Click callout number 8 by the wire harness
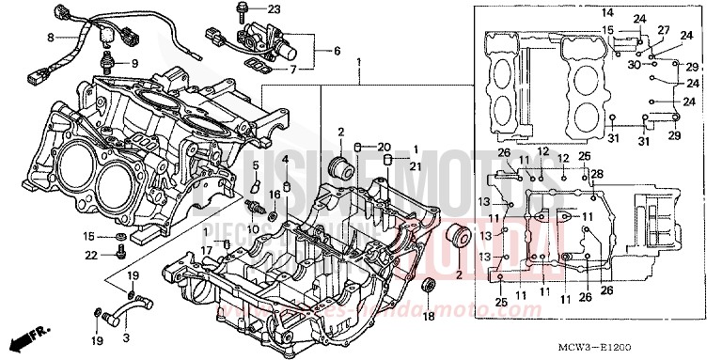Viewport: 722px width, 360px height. [x=52, y=39]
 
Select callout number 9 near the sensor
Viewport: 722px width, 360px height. [x=133, y=63]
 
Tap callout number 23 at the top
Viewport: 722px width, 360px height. [x=247, y=8]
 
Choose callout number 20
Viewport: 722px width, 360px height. [x=384, y=147]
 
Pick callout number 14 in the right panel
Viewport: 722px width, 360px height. [x=606, y=12]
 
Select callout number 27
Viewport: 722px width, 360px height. [x=664, y=31]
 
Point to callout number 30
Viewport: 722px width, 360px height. [x=635, y=65]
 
